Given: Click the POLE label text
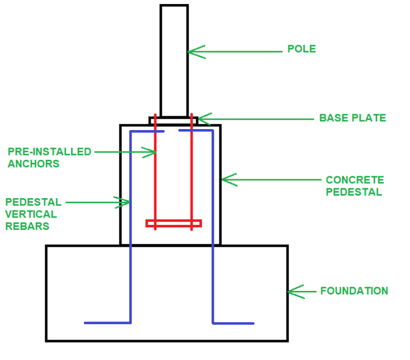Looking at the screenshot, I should click(x=301, y=49).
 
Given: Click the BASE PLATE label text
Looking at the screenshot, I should click(x=352, y=118).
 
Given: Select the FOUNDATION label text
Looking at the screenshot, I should click(x=354, y=291).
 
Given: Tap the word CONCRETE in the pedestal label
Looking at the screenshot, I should click(x=355, y=180).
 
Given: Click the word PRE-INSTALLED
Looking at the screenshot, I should click(x=49, y=152).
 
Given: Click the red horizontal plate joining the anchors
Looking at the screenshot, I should click(x=173, y=223).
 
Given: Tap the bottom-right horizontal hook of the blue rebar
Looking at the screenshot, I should click(x=233, y=323).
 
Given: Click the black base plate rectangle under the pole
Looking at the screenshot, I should click(x=173, y=121).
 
